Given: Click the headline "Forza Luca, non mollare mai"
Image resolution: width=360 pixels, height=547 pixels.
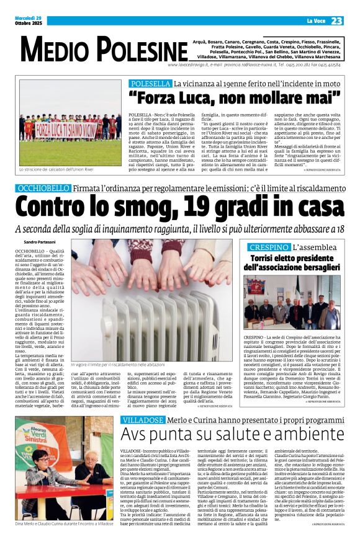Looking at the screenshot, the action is coord(235,97).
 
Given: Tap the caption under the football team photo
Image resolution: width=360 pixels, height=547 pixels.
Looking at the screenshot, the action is coord(56,169).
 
